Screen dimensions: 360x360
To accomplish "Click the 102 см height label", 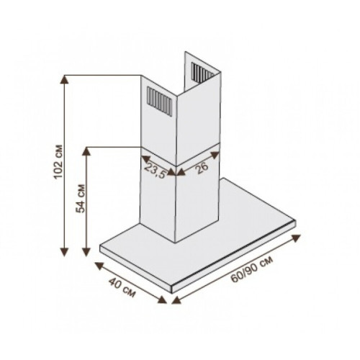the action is tap(58, 162).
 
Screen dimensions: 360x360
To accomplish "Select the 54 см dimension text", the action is tap(81, 199).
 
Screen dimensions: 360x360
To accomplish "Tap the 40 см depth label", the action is tap(122, 287).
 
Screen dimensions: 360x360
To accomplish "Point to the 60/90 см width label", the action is tap(251, 269).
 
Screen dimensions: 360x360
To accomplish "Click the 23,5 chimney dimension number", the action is tap(156, 171).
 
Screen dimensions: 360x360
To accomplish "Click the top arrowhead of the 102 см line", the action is tap(64, 79).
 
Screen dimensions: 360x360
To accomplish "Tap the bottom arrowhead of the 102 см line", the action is tap(64, 252).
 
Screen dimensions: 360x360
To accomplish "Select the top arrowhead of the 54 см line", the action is tap(86, 151).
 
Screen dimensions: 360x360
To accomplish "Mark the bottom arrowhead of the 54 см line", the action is tap(86, 252).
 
